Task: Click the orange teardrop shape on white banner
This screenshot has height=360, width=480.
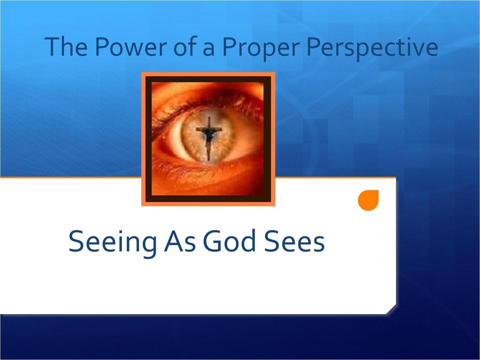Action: [x=368, y=201]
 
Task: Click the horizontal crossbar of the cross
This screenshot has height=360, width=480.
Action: [x=208, y=129]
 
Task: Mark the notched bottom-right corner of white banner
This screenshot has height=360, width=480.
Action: [x=391, y=309]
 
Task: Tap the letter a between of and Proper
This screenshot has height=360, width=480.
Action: [x=207, y=49]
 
